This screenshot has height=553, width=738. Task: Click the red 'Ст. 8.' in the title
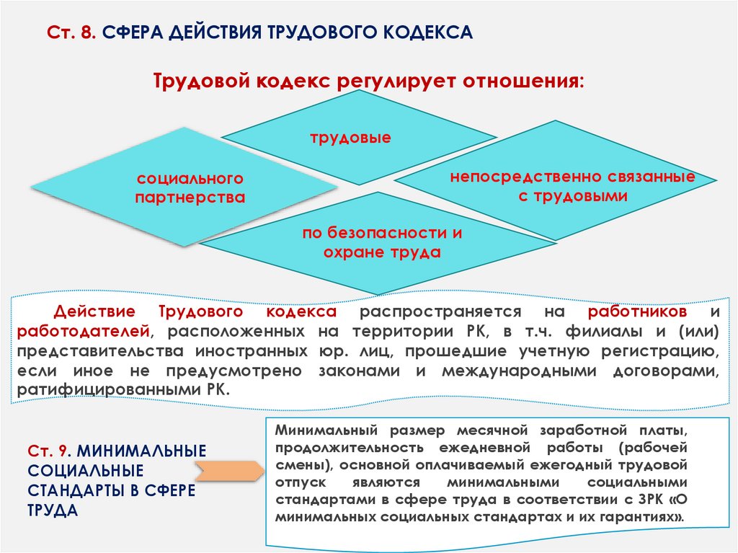(x=71, y=33)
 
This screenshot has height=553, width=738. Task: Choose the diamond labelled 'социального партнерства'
(x=189, y=187)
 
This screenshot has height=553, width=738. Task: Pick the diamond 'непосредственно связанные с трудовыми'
(x=572, y=186)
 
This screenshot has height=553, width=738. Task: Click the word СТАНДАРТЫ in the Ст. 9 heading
(x=72, y=490)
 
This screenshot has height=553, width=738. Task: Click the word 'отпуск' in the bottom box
(x=297, y=482)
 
